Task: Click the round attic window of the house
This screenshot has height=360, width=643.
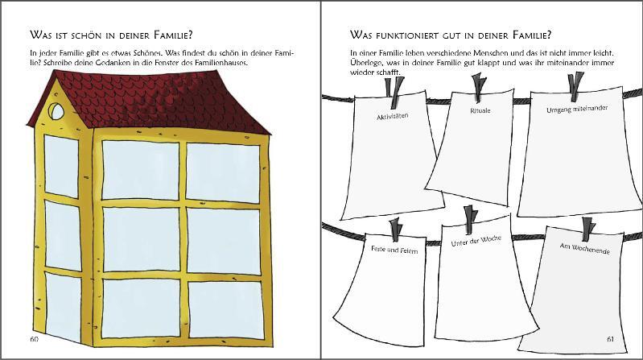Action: (56, 111)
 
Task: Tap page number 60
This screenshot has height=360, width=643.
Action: (35, 339)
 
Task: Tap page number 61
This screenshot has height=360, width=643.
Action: (610, 339)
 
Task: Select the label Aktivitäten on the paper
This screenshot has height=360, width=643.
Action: (393, 117)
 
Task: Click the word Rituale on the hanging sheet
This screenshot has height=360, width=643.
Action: (480, 110)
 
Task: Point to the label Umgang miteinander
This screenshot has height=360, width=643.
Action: (577, 109)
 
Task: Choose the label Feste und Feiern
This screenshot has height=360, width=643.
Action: (394, 249)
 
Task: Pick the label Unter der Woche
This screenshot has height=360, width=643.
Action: (476, 241)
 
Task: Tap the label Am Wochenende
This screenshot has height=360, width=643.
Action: (585, 248)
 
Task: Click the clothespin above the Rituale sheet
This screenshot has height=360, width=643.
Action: (479, 87)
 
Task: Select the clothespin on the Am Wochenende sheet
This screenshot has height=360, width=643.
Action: (588, 229)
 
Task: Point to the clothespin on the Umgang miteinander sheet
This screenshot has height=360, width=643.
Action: (576, 87)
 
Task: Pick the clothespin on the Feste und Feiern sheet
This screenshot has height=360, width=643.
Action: (396, 230)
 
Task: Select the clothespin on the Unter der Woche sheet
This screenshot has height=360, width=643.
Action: (470, 220)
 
